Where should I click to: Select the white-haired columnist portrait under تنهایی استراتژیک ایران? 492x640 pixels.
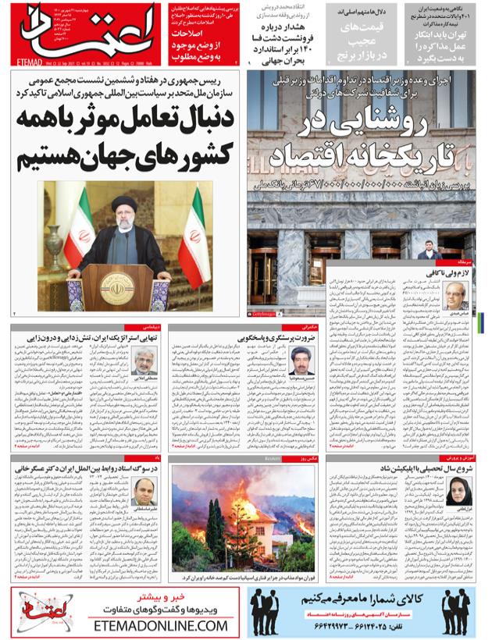pyautogui.click(x=144, y=361)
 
